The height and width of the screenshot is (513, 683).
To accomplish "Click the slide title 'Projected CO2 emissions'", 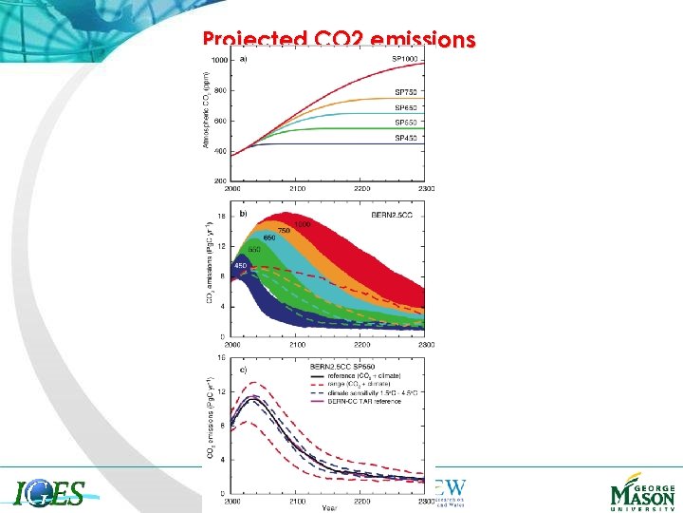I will [x=338, y=40].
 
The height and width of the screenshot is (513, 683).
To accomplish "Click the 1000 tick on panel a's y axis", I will [x=219, y=60].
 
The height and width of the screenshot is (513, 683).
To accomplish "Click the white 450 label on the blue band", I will [x=241, y=265].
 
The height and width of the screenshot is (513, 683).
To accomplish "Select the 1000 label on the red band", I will [x=304, y=224].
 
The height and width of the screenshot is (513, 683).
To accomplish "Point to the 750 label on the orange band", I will [x=283, y=230].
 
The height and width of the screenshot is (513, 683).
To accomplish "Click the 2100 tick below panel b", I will [x=297, y=343].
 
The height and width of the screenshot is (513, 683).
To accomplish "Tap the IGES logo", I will [x=50, y=493].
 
